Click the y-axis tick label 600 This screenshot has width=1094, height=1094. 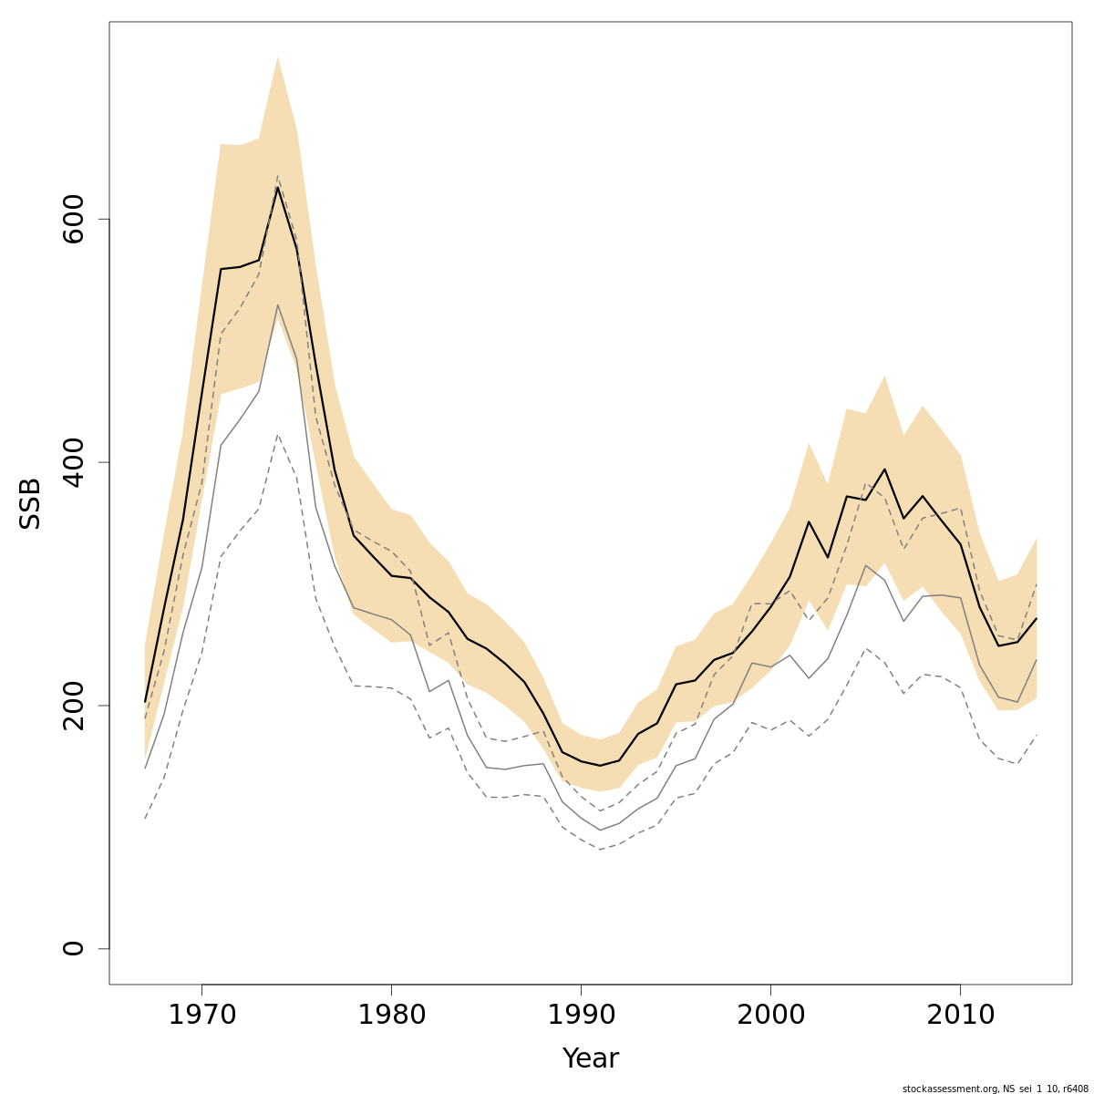tap(73, 220)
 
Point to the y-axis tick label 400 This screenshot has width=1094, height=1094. tap(73, 462)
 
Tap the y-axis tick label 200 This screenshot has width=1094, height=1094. tap(73, 706)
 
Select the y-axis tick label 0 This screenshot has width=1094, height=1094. tap(73, 948)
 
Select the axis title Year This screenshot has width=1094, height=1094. tap(590, 1058)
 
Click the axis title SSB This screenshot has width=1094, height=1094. tap(31, 503)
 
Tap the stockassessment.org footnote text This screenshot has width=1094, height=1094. tap(995, 1089)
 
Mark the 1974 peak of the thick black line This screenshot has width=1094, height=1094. tap(277, 188)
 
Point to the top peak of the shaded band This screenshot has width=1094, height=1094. tap(277, 57)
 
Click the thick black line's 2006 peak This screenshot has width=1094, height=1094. tap(884, 470)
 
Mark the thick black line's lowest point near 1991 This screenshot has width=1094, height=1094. tap(600, 765)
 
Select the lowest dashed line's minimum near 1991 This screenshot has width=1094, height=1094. tap(600, 849)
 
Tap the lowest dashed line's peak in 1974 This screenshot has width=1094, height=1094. tap(277, 435)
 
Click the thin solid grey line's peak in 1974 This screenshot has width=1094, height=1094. tap(277, 304)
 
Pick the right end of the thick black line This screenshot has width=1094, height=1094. tap(1037, 618)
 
